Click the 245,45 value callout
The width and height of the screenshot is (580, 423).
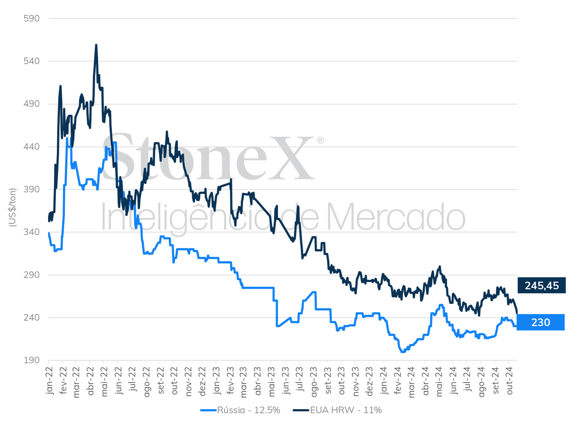[541, 285]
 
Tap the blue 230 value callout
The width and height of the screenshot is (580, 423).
[541, 322]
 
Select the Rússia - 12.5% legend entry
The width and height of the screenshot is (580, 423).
[240, 410]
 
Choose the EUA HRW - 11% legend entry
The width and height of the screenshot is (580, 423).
[337, 410]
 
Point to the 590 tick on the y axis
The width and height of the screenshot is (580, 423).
[31, 18]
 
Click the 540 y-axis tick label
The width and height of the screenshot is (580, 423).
[31, 61]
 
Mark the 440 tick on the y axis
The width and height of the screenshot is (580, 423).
[31, 146]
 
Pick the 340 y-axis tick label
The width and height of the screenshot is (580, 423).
[31, 232]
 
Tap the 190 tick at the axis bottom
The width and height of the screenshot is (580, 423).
[31, 360]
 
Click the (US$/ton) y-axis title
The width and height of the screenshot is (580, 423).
[12, 207]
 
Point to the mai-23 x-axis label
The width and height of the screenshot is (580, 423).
[271, 381]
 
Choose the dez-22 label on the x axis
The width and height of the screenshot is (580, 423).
[202, 381]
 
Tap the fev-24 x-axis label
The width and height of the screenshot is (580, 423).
[398, 380]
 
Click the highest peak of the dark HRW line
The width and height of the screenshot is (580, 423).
[96, 45]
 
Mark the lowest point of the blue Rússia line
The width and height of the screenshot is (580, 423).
[403, 352]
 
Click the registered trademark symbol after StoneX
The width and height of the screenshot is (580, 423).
[320, 140]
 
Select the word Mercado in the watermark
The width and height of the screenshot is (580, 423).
[396, 217]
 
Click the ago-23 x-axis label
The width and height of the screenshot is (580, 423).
[314, 382]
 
